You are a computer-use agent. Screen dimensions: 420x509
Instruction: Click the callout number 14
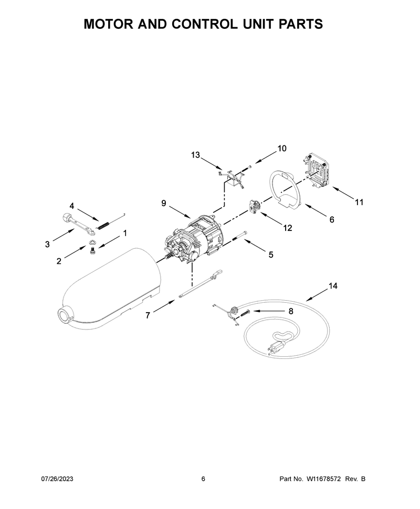click(333, 285)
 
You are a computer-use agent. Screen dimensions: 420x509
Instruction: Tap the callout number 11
click(359, 202)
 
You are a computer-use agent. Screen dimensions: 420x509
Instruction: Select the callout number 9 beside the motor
click(164, 203)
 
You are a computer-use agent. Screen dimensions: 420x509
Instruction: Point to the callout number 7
click(148, 315)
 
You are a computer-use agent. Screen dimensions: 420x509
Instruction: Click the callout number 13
click(195, 155)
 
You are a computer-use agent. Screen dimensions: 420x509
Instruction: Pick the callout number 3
click(47, 245)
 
